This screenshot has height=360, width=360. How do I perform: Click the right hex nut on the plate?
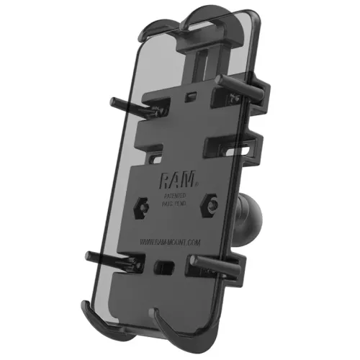click(x=210, y=204)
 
